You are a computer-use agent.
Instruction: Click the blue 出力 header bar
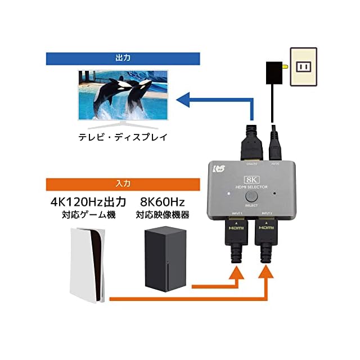point(123,58)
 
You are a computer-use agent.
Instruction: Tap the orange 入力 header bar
point(123,184)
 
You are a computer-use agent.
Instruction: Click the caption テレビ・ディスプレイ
point(123,137)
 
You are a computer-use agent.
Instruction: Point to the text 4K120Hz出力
point(88,201)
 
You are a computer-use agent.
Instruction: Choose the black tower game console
point(165,258)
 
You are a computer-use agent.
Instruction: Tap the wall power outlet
point(304,66)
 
